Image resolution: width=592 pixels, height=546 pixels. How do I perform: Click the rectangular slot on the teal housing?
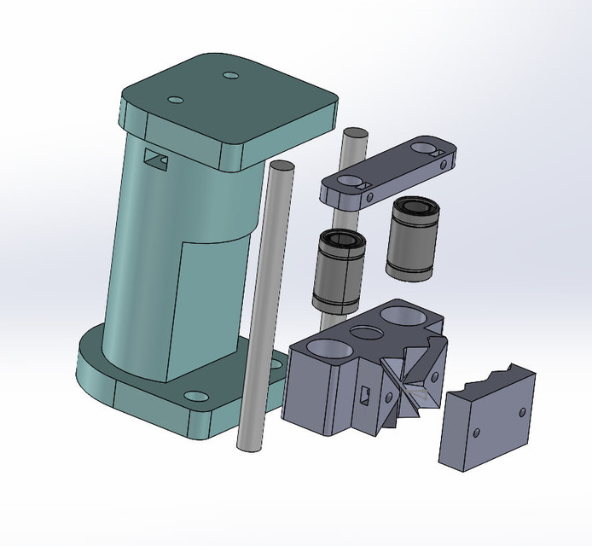click(155, 158)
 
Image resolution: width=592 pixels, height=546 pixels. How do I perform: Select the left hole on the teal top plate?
click(176, 101)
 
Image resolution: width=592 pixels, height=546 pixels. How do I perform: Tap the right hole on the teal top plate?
click(230, 76)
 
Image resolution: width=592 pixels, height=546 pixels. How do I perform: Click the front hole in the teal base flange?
click(195, 397)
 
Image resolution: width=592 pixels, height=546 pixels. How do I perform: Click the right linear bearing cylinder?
click(413, 238)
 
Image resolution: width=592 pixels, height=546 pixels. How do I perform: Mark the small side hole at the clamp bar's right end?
click(444, 160)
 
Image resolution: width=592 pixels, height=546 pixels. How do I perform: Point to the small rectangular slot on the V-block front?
click(364, 393)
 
